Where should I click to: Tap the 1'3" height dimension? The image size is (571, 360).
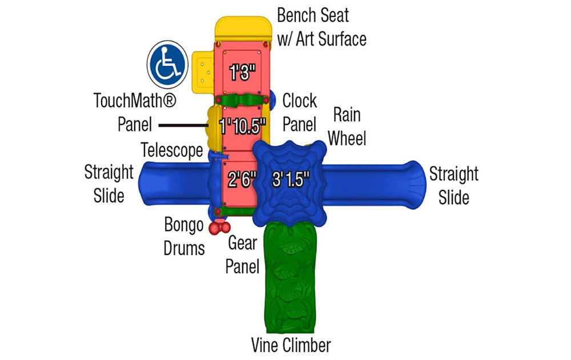coord(242,72)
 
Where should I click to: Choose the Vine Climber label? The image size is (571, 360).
coord(291,345)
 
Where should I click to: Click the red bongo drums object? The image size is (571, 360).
coord(219,228)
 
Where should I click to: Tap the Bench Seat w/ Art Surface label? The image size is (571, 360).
coord(321,27)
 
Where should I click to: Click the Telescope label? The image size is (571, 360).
coord(172,150)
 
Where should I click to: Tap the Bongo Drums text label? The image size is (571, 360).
coord(184,236)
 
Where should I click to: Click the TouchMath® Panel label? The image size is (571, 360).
coord(135,112)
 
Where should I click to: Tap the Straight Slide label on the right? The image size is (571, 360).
coord(454,185)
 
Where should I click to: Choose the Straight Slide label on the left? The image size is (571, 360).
coord(108,183)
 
